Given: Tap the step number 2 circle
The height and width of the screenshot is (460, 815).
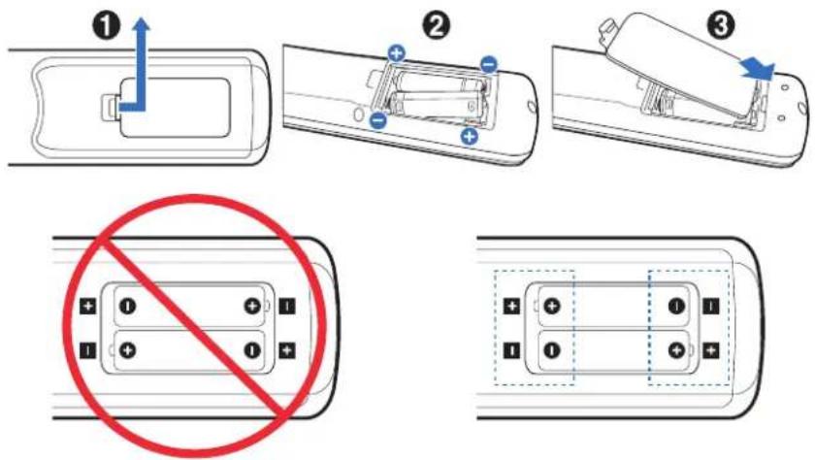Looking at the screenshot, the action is pyautogui.click(x=436, y=26).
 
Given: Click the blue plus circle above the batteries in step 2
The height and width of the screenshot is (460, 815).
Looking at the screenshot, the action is pyautogui.click(x=397, y=53).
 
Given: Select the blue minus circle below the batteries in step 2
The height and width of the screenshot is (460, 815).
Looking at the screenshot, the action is pyautogui.click(x=378, y=120).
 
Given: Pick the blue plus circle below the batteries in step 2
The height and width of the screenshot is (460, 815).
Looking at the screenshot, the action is pyautogui.click(x=470, y=136).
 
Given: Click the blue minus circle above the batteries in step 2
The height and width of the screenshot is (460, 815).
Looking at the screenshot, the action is pyautogui.click(x=489, y=64).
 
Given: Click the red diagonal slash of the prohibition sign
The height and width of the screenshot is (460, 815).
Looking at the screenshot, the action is pyautogui.click(x=195, y=327).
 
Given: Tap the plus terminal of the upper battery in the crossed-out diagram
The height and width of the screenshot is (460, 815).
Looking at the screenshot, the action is pyautogui.click(x=252, y=306).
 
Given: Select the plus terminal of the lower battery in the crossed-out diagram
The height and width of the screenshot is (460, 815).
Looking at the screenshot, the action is pyautogui.click(x=128, y=349).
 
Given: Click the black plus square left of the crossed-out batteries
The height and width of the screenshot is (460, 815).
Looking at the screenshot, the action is pyautogui.click(x=88, y=306).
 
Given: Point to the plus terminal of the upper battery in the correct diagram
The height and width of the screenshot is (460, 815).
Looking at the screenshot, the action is pyautogui.click(x=552, y=306).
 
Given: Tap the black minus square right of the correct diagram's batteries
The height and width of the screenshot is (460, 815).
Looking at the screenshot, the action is pyautogui.click(x=711, y=306).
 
